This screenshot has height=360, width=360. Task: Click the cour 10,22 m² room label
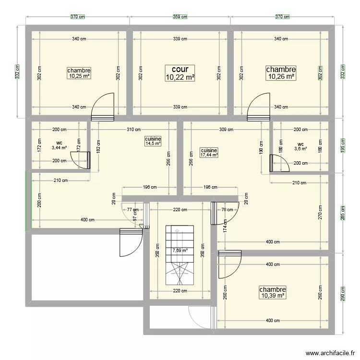180,73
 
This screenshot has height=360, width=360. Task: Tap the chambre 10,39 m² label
273,292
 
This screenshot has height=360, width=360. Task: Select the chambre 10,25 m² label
79,73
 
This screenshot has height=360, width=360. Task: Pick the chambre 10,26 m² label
281,73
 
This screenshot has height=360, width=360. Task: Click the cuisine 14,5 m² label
153,141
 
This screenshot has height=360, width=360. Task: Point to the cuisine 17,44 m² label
209,153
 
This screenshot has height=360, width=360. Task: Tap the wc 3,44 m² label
59,145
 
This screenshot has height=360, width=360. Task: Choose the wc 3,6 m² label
300,146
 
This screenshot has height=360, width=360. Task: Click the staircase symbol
180,255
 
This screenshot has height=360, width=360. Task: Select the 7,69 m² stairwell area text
180,250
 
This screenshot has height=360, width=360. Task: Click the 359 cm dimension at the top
180,16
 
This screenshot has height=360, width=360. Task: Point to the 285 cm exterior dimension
343,213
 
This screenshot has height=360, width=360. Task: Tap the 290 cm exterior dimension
343,294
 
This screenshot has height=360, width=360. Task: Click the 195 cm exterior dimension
343,145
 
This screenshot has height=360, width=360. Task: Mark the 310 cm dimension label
134,130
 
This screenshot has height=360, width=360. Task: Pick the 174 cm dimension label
225,226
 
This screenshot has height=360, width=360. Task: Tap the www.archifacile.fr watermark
330,353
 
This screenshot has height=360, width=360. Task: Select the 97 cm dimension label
135,216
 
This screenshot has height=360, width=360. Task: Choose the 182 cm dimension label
98,146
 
